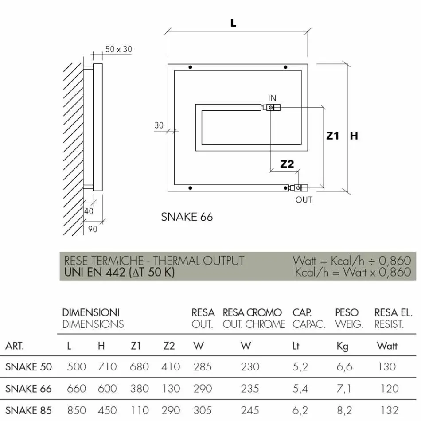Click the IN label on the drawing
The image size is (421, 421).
click(x=272, y=98)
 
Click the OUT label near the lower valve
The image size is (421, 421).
click(x=304, y=200)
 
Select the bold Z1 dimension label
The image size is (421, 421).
click(x=333, y=136)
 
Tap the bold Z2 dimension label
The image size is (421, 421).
click(x=287, y=164)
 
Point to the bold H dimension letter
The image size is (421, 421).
click(x=354, y=136)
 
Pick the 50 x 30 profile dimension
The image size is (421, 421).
click(x=118, y=49)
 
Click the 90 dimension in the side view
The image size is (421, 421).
click(x=93, y=229)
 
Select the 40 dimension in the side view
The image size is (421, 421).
click(x=89, y=211)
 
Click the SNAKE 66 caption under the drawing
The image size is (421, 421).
click(x=187, y=217)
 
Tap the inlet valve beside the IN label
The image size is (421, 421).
click(x=271, y=107)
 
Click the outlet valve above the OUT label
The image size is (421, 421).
click(x=298, y=188)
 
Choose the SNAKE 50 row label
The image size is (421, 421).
click(x=28, y=367)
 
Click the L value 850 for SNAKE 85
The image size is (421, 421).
click(x=76, y=411)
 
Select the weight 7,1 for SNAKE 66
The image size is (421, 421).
click(x=344, y=389)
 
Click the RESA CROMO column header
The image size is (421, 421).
click(x=252, y=313)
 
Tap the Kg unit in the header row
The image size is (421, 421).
click(x=342, y=346)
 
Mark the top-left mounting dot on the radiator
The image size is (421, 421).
click(x=190, y=67)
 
